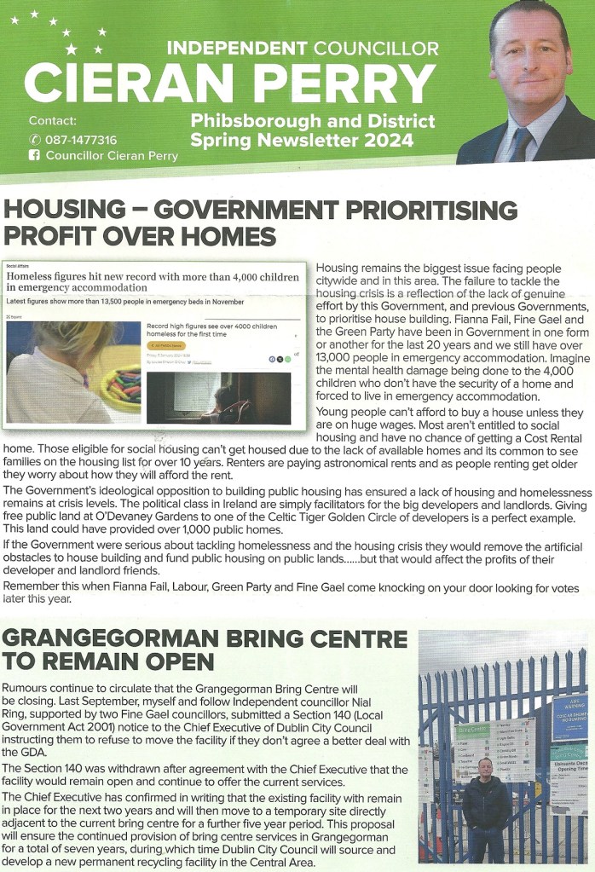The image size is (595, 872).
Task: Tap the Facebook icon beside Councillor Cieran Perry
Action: click(x=34, y=156)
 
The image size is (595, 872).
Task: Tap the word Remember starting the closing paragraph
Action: click(x=32, y=587)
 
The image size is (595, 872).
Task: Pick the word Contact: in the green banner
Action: click(x=52, y=120)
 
